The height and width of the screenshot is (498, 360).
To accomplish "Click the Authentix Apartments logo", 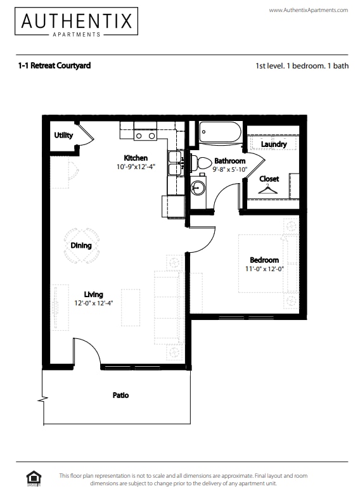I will [x=78, y=22].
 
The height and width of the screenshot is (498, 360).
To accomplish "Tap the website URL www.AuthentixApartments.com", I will [x=308, y=10].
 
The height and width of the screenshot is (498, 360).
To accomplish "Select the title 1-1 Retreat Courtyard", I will [x=55, y=65].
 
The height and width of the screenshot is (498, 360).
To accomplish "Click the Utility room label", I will [x=63, y=135].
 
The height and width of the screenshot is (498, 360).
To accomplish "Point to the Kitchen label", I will [x=136, y=158].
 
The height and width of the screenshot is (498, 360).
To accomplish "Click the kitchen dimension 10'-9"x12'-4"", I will [x=136, y=167].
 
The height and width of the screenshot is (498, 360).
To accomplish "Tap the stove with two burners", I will [x=145, y=135].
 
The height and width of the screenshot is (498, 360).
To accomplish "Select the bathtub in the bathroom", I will [x=220, y=133].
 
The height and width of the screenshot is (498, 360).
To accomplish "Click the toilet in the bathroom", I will [x=202, y=163].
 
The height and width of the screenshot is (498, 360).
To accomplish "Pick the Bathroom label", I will [x=229, y=161].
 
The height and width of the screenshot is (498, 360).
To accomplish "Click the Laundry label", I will [x=274, y=144].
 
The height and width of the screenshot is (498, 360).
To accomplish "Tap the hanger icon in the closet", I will [x=269, y=189].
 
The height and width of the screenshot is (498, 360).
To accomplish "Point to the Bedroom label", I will [x=264, y=260].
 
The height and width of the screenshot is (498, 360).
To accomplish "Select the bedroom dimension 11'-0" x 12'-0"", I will [x=264, y=269].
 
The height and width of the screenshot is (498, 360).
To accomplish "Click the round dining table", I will [x=81, y=245].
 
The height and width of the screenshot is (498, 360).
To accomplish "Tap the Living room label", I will [x=93, y=294].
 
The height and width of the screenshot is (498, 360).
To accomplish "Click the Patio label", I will [x=120, y=395].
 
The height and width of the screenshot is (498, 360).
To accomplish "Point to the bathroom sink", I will [x=198, y=187].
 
